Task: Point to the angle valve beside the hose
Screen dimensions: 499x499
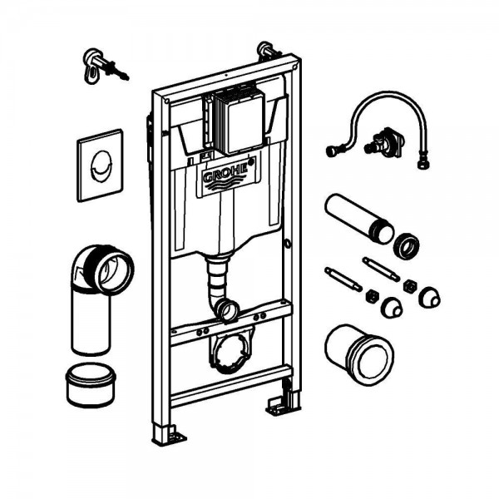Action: click(383, 141)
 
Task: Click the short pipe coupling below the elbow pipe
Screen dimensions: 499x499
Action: click(91, 385)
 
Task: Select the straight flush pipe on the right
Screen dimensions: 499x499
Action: click(359, 218)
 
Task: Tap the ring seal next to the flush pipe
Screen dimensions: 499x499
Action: click(406, 246)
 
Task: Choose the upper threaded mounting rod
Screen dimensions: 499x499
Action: click(381, 269)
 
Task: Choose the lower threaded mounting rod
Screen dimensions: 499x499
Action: click(343, 279)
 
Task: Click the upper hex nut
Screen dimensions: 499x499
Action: click(410, 286)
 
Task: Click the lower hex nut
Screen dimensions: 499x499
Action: click(372, 296)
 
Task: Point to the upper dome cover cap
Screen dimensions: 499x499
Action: click(430, 297)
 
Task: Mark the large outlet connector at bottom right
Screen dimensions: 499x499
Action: click(359, 354)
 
